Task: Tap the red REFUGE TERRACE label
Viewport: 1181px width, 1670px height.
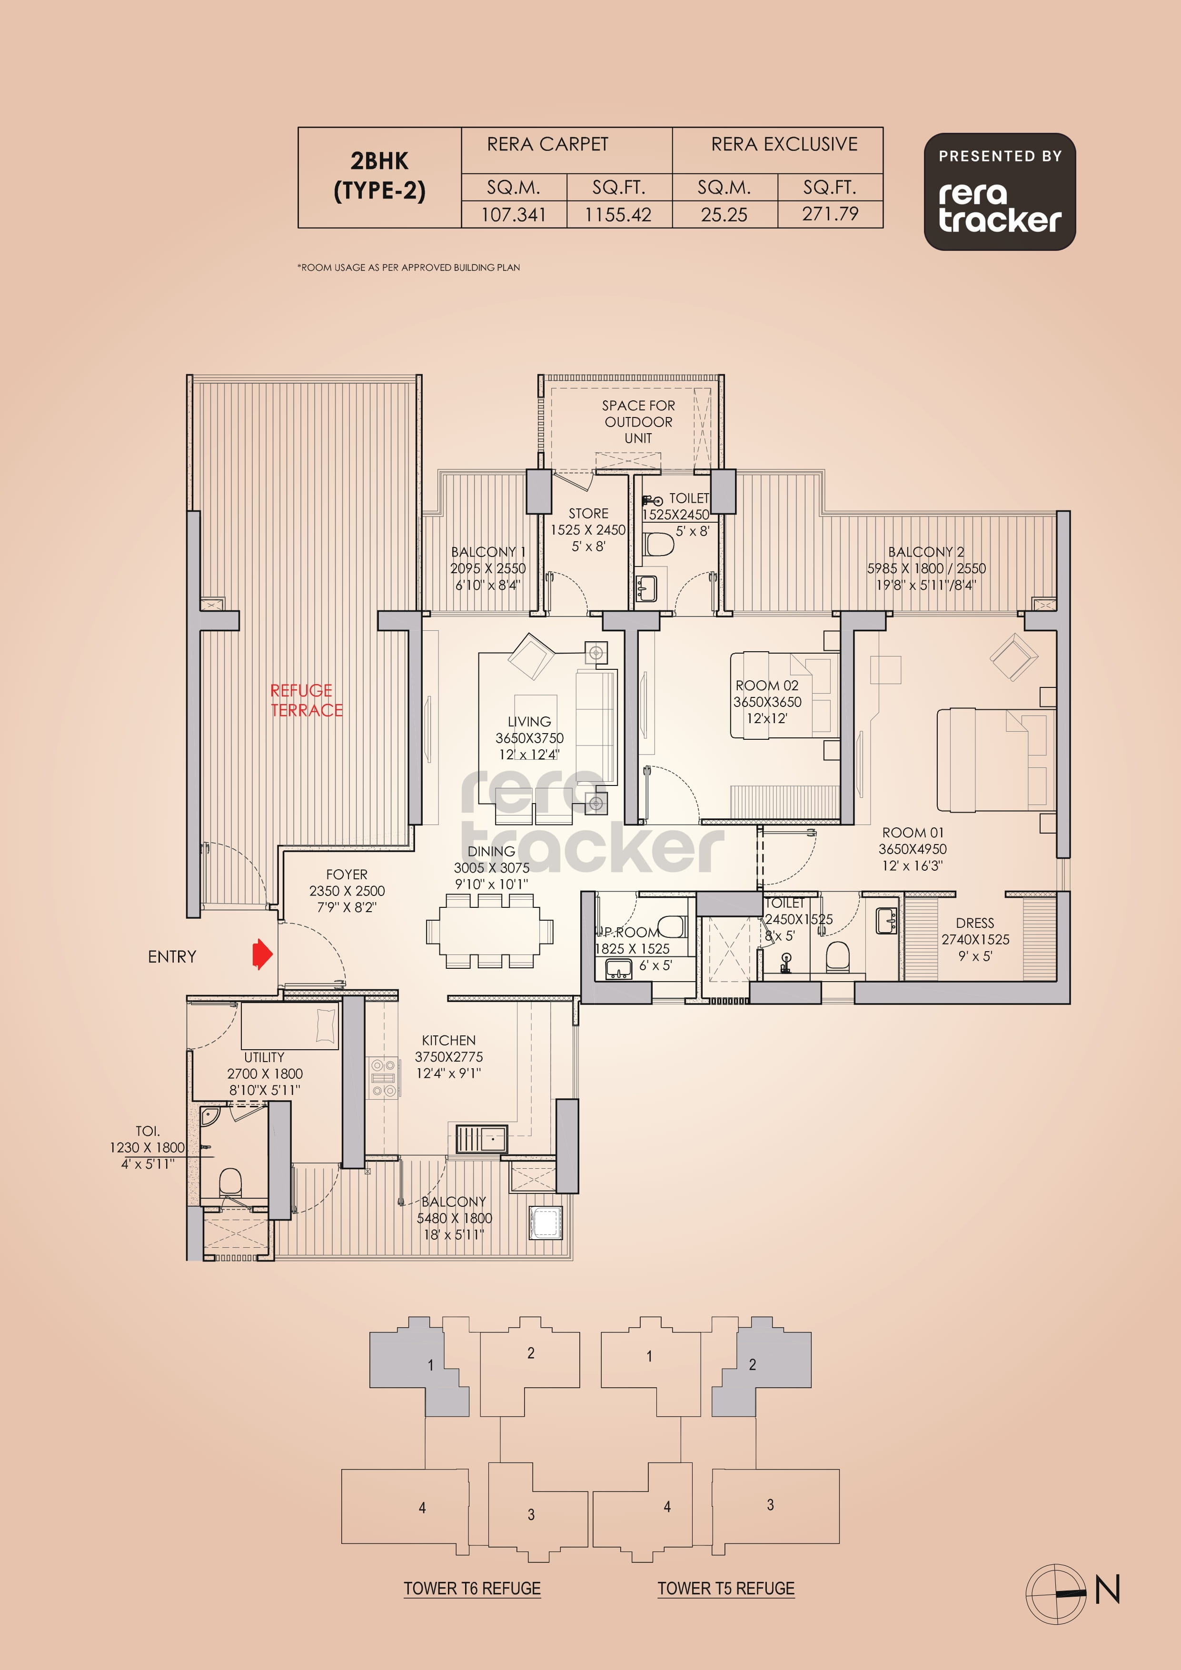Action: pos(306,700)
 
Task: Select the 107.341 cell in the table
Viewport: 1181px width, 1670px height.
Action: pos(514,215)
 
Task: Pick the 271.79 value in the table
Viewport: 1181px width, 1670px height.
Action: pos(830,214)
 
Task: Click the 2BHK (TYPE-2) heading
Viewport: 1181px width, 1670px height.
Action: pos(379,175)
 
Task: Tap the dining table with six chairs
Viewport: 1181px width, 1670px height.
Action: pos(489,931)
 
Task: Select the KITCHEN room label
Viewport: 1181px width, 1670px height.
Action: pos(449,1040)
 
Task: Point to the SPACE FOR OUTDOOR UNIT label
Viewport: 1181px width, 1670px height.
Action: pos(638,422)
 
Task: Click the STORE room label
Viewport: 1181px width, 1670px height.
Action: pos(588,514)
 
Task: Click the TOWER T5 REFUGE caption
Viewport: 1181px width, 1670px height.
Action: pos(726,1589)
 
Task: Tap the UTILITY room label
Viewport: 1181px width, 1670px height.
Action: pos(264,1057)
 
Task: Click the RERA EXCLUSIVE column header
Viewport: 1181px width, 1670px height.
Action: pos(784,144)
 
